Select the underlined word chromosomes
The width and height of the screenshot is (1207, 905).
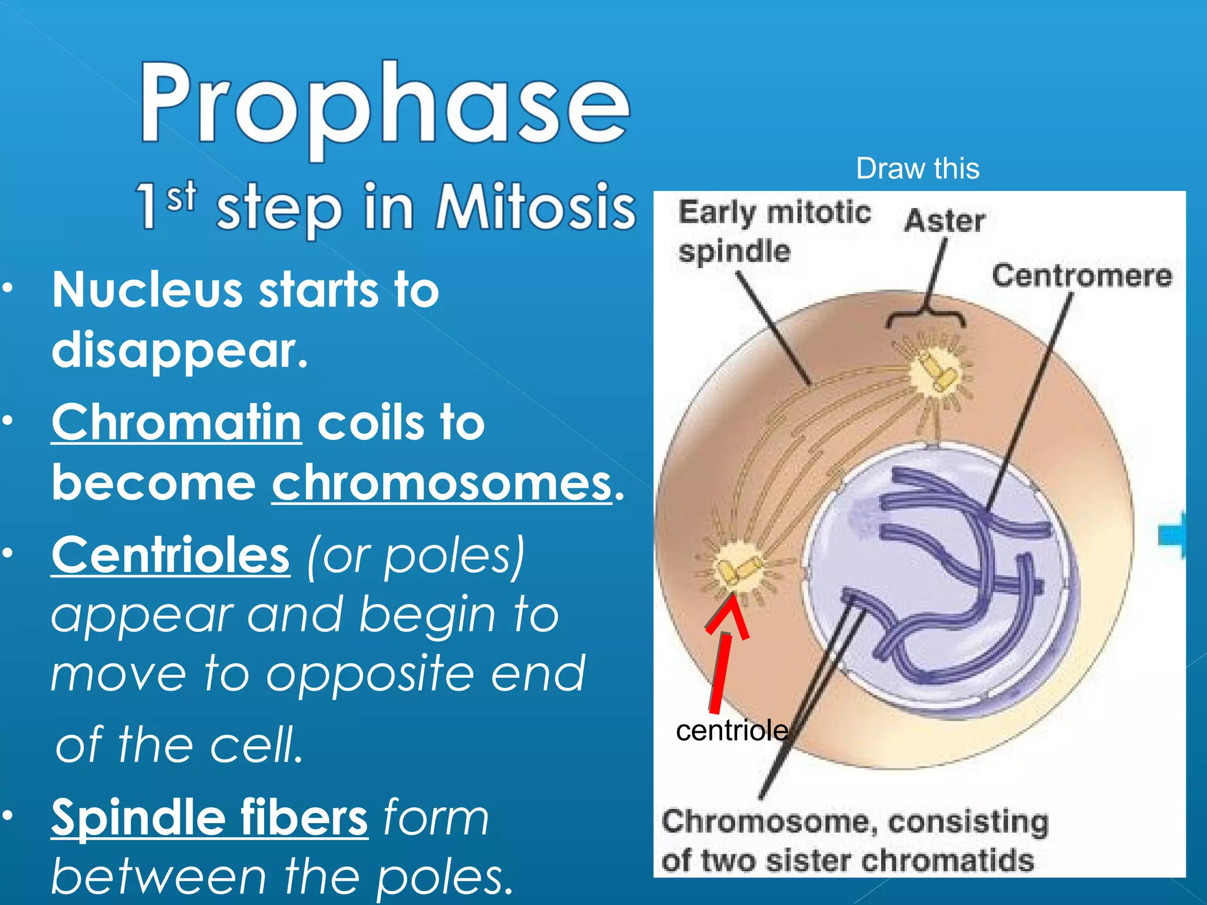[442, 483]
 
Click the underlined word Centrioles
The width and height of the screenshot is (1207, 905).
[171, 555]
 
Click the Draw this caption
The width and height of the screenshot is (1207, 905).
[918, 169]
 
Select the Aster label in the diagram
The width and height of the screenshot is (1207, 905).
[944, 221]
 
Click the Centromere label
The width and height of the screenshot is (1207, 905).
[1082, 276]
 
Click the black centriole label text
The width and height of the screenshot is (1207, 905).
[732, 731]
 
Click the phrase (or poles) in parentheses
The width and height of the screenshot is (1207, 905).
[415, 555]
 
